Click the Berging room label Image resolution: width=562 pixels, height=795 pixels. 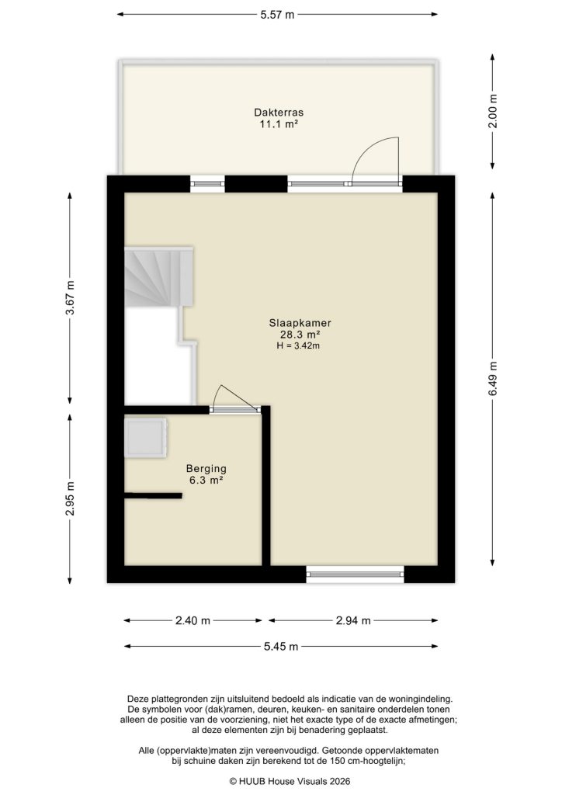[205, 469]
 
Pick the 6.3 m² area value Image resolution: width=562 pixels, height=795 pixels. [205, 481]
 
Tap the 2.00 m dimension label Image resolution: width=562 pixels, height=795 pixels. [494, 110]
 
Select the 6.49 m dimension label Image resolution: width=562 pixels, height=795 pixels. [494, 380]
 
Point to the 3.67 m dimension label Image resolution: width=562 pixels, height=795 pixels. [70, 296]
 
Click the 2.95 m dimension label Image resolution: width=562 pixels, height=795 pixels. [70, 498]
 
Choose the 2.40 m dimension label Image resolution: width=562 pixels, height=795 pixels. [193, 620]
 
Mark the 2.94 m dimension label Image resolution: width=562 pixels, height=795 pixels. [353, 620]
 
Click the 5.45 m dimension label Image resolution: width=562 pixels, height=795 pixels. [279, 647]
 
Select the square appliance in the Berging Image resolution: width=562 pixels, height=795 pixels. [146, 437]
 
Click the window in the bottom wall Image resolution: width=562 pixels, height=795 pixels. [355, 575]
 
